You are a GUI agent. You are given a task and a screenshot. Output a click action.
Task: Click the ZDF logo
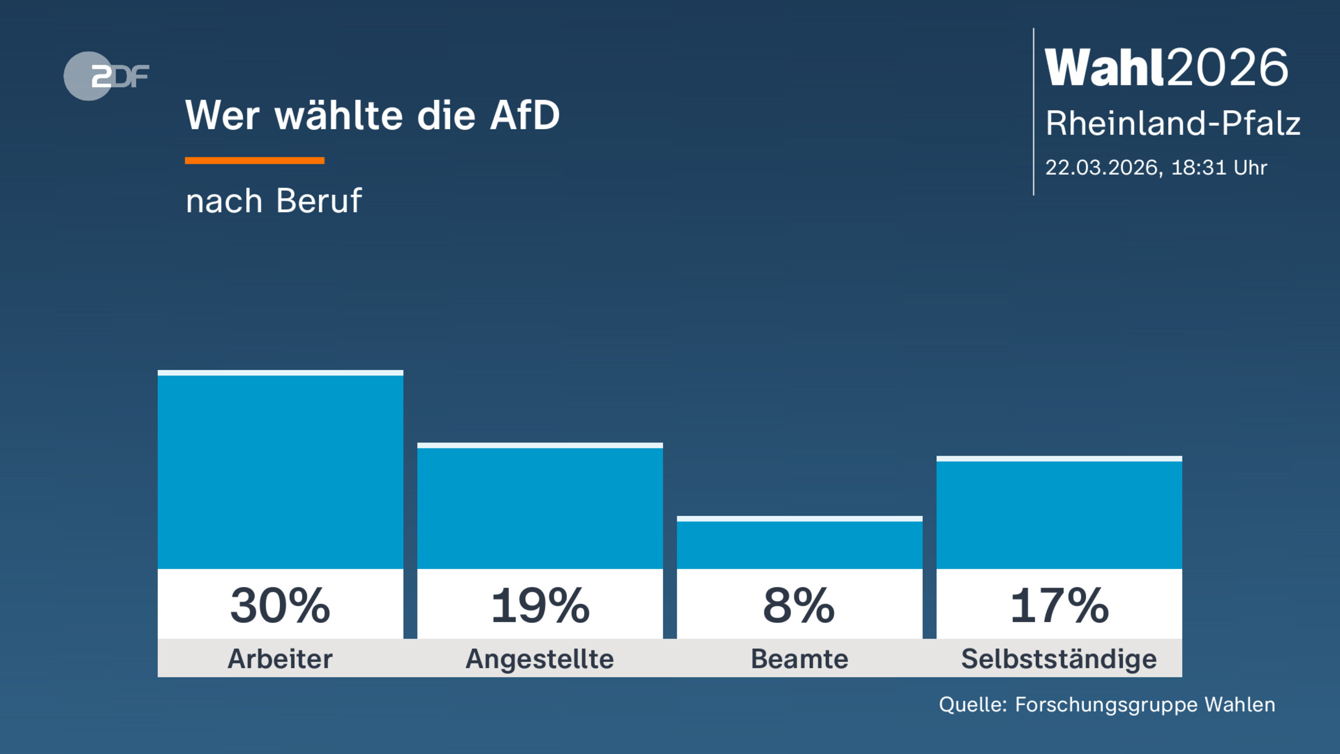click(106, 76)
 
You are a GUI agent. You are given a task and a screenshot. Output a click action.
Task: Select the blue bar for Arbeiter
click(280, 472)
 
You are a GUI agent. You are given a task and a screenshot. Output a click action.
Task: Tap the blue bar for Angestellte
click(540, 508)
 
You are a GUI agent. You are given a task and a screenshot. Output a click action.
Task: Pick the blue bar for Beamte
click(800, 545)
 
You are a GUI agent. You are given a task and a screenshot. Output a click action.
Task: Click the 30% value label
click(280, 606)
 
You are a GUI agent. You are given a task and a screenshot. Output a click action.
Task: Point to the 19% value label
click(540, 606)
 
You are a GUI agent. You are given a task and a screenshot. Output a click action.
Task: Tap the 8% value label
click(799, 606)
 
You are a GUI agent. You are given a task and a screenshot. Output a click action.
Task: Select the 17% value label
click(1059, 606)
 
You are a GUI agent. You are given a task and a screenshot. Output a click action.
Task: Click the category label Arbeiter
click(280, 658)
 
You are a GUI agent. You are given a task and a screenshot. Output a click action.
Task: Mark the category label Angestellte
click(540, 659)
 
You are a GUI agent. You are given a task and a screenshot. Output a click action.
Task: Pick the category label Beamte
click(800, 658)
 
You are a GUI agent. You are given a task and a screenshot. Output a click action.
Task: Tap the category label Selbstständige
click(1059, 659)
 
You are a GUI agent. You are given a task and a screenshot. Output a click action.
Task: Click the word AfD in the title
click(524, 116)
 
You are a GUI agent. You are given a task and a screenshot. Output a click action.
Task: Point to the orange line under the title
click(255, 161)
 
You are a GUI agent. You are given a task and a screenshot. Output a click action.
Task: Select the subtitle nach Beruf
click(274, 201)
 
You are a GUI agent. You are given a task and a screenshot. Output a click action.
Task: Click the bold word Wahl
click(1105, 68)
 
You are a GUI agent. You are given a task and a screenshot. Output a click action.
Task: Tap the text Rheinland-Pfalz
click(1172, 123)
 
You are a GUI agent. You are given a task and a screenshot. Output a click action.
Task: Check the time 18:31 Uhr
click(1219, 168)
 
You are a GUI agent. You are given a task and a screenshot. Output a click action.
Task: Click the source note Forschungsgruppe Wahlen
click(1145, 705)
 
